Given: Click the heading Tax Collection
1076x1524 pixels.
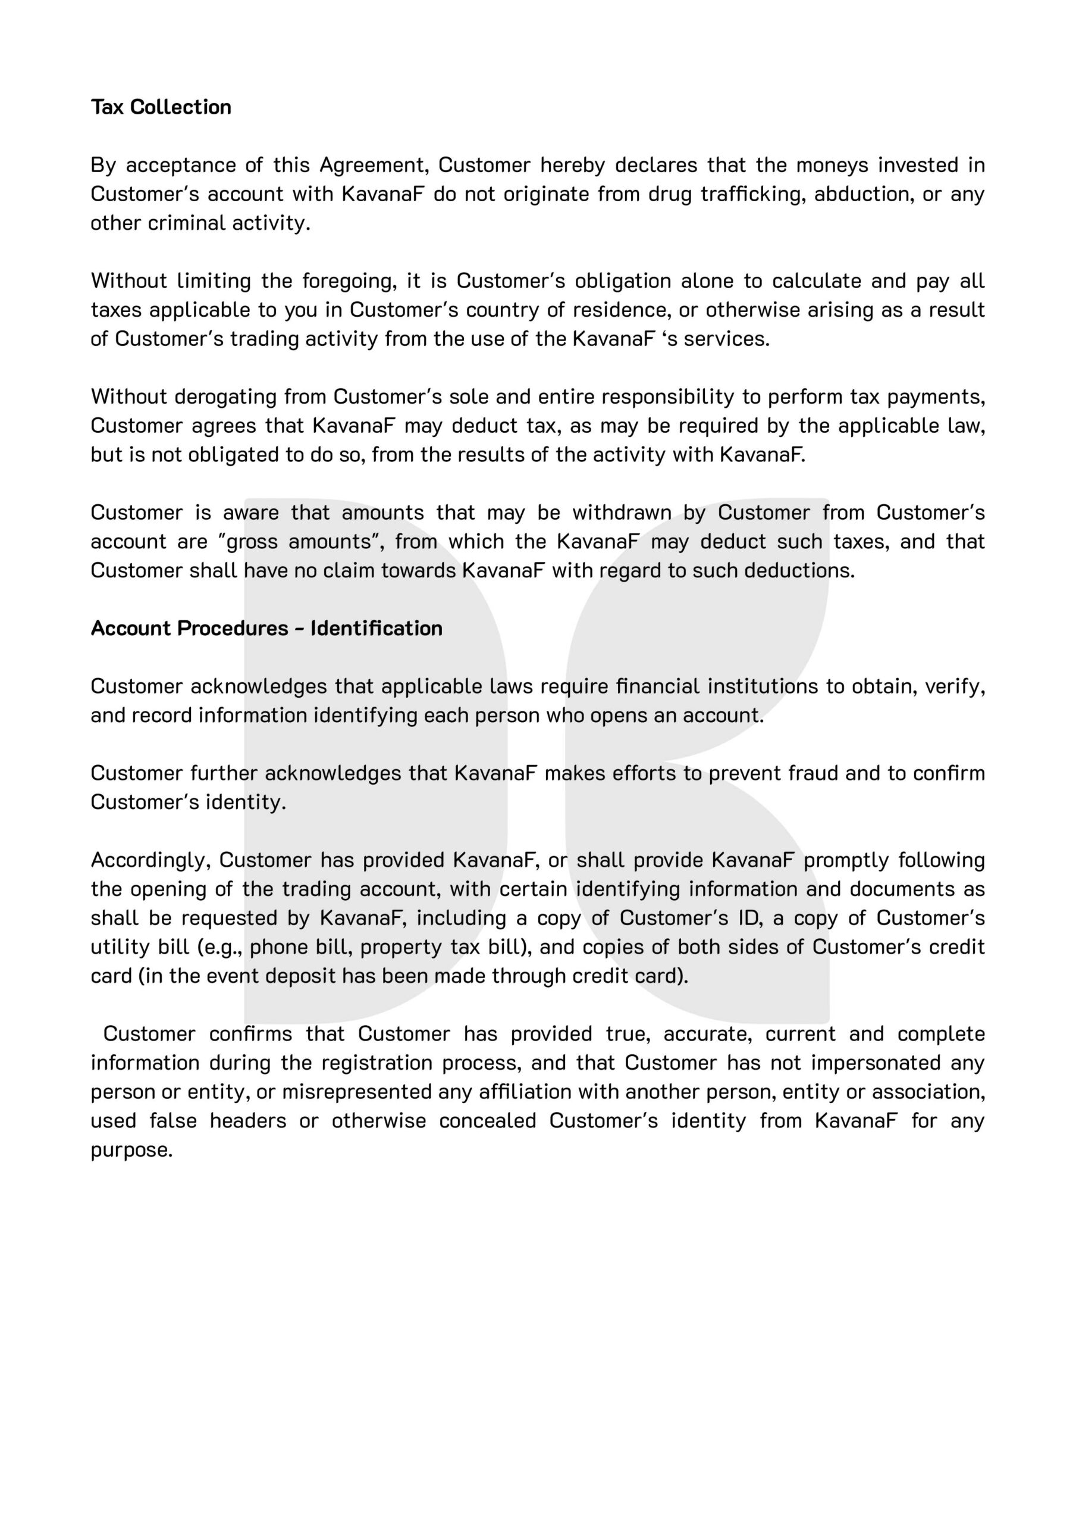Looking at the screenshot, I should tap(161, 107).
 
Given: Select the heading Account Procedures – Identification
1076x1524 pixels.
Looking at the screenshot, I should tap(266, 628).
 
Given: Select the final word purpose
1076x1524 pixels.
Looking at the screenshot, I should tap(131, 1150).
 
